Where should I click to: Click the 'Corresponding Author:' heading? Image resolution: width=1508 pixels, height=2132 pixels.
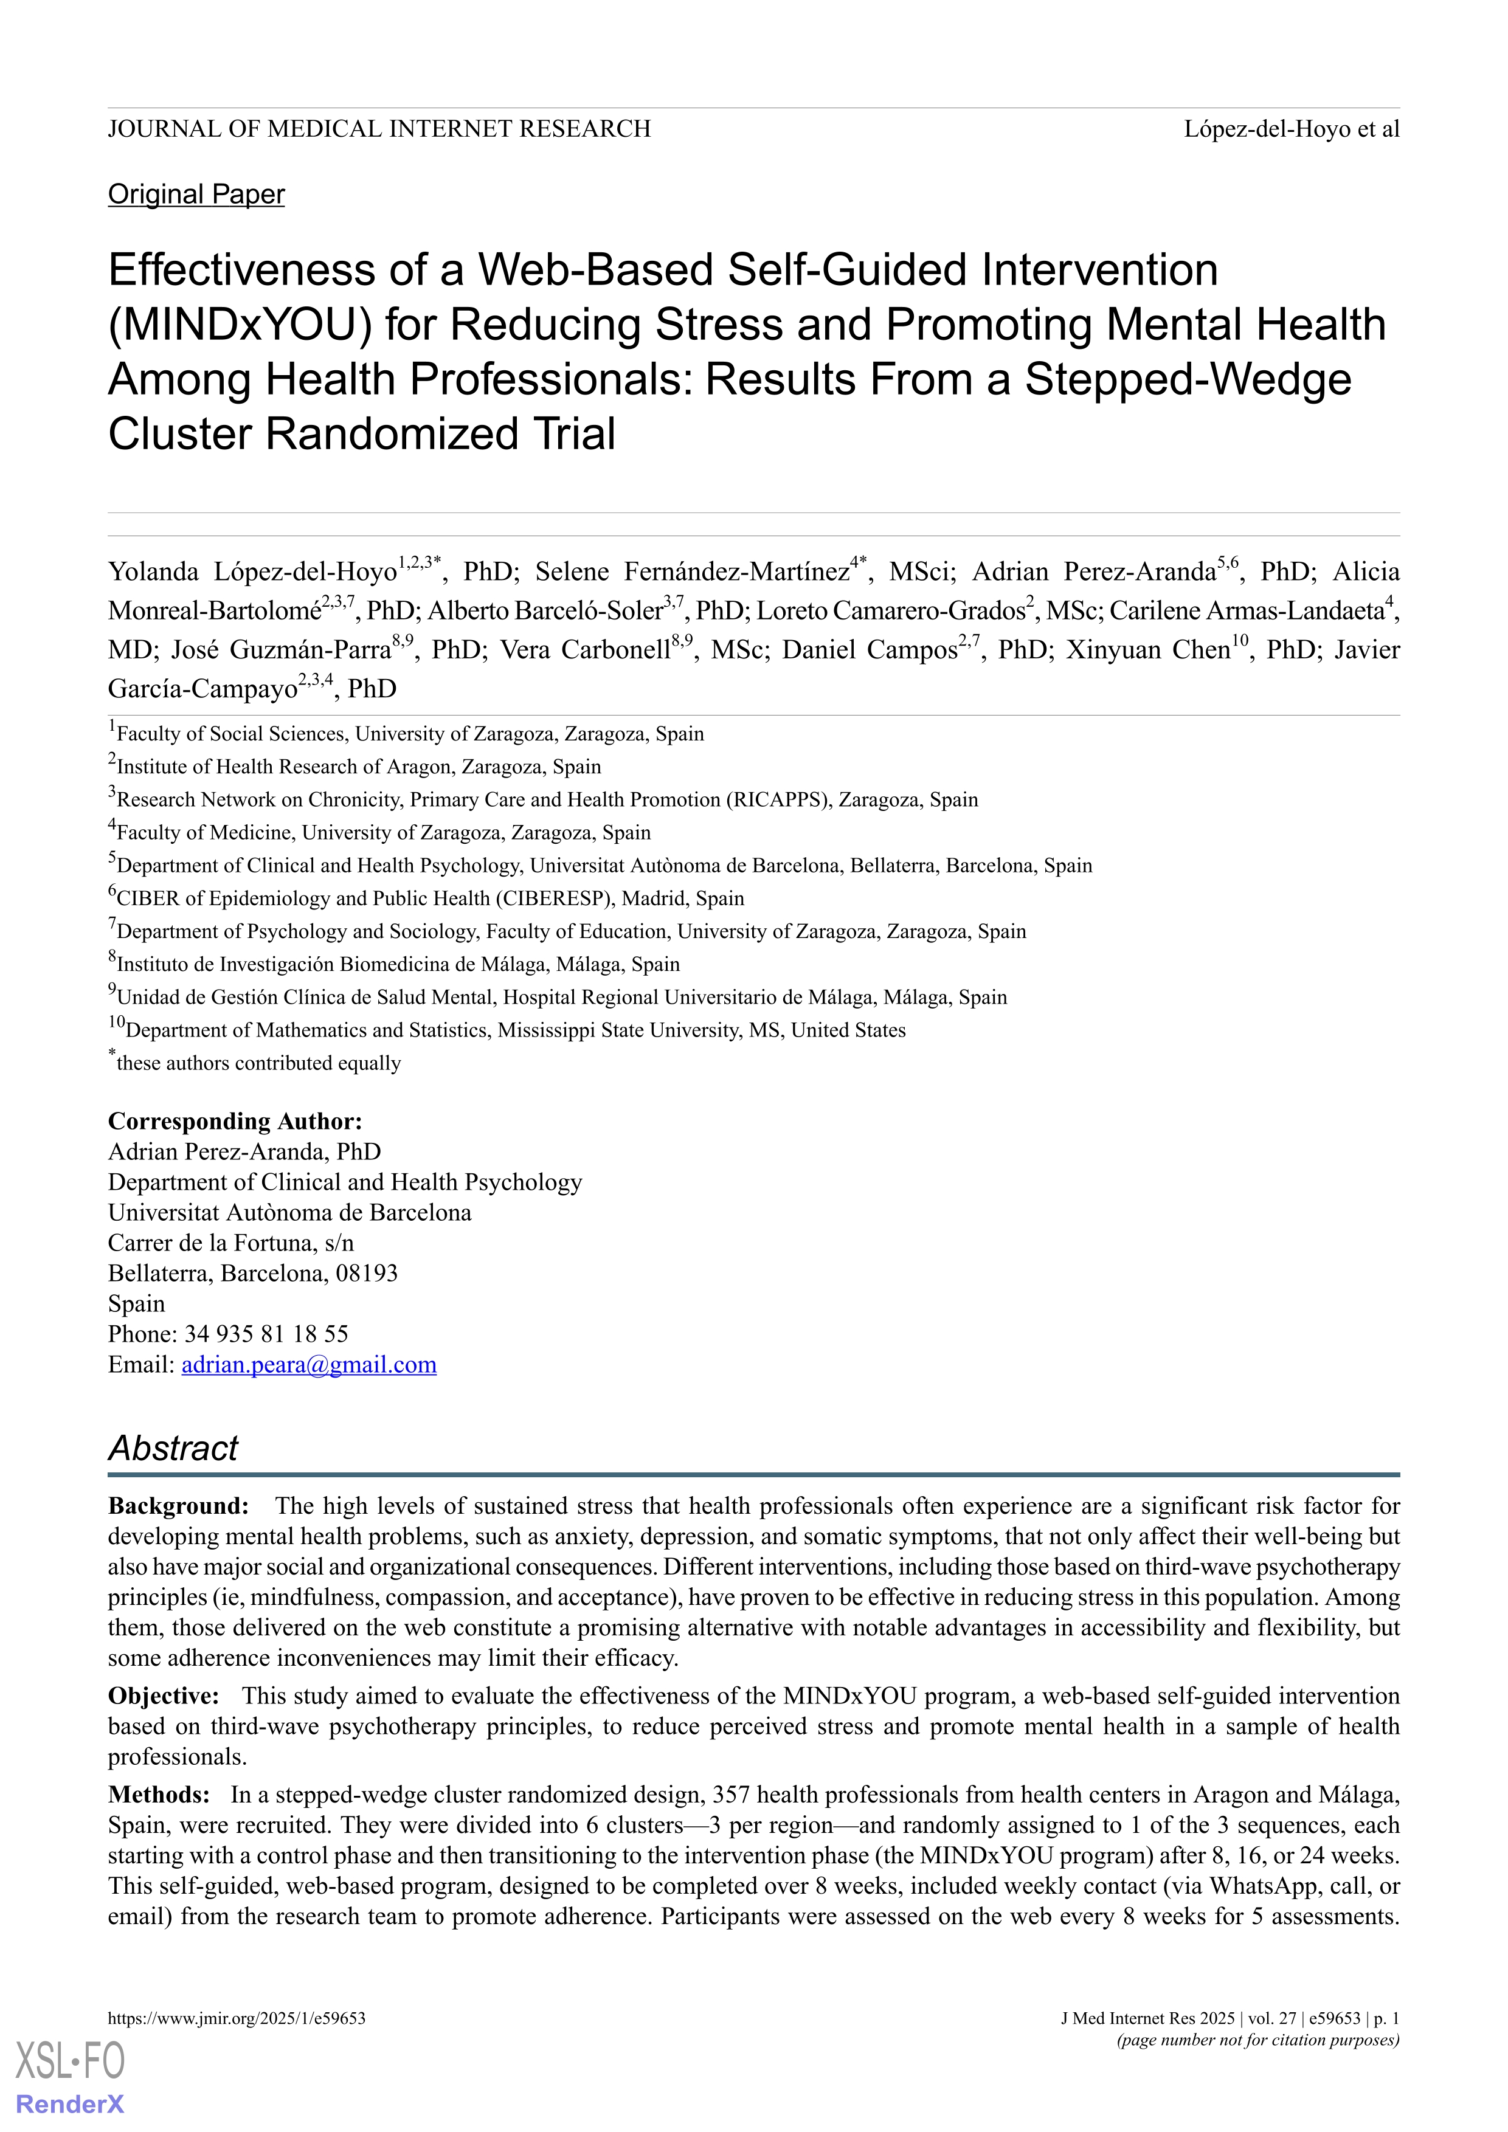tap(235, 1121)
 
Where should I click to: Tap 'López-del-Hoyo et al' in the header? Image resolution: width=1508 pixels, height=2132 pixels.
tap(1291, 129)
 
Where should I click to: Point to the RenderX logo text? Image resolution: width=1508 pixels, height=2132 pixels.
tap(70, 2103)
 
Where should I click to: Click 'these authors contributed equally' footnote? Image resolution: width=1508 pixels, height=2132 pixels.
tap(258, 1063)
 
